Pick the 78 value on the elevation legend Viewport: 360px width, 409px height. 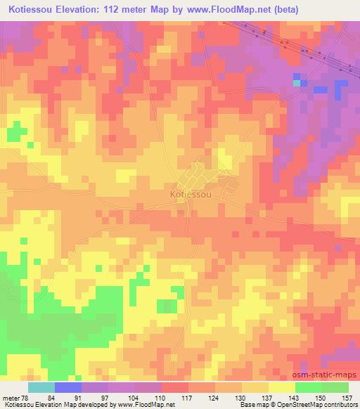click(27, 398)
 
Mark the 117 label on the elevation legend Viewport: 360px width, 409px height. click(188, 398)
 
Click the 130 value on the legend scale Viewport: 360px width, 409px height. click(242, 398)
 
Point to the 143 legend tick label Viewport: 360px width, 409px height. click(295, 398)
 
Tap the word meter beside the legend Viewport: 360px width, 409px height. click(11, 398)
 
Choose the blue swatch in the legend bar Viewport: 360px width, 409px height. click(67, 387)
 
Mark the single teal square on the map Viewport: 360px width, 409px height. click(297, 83)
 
